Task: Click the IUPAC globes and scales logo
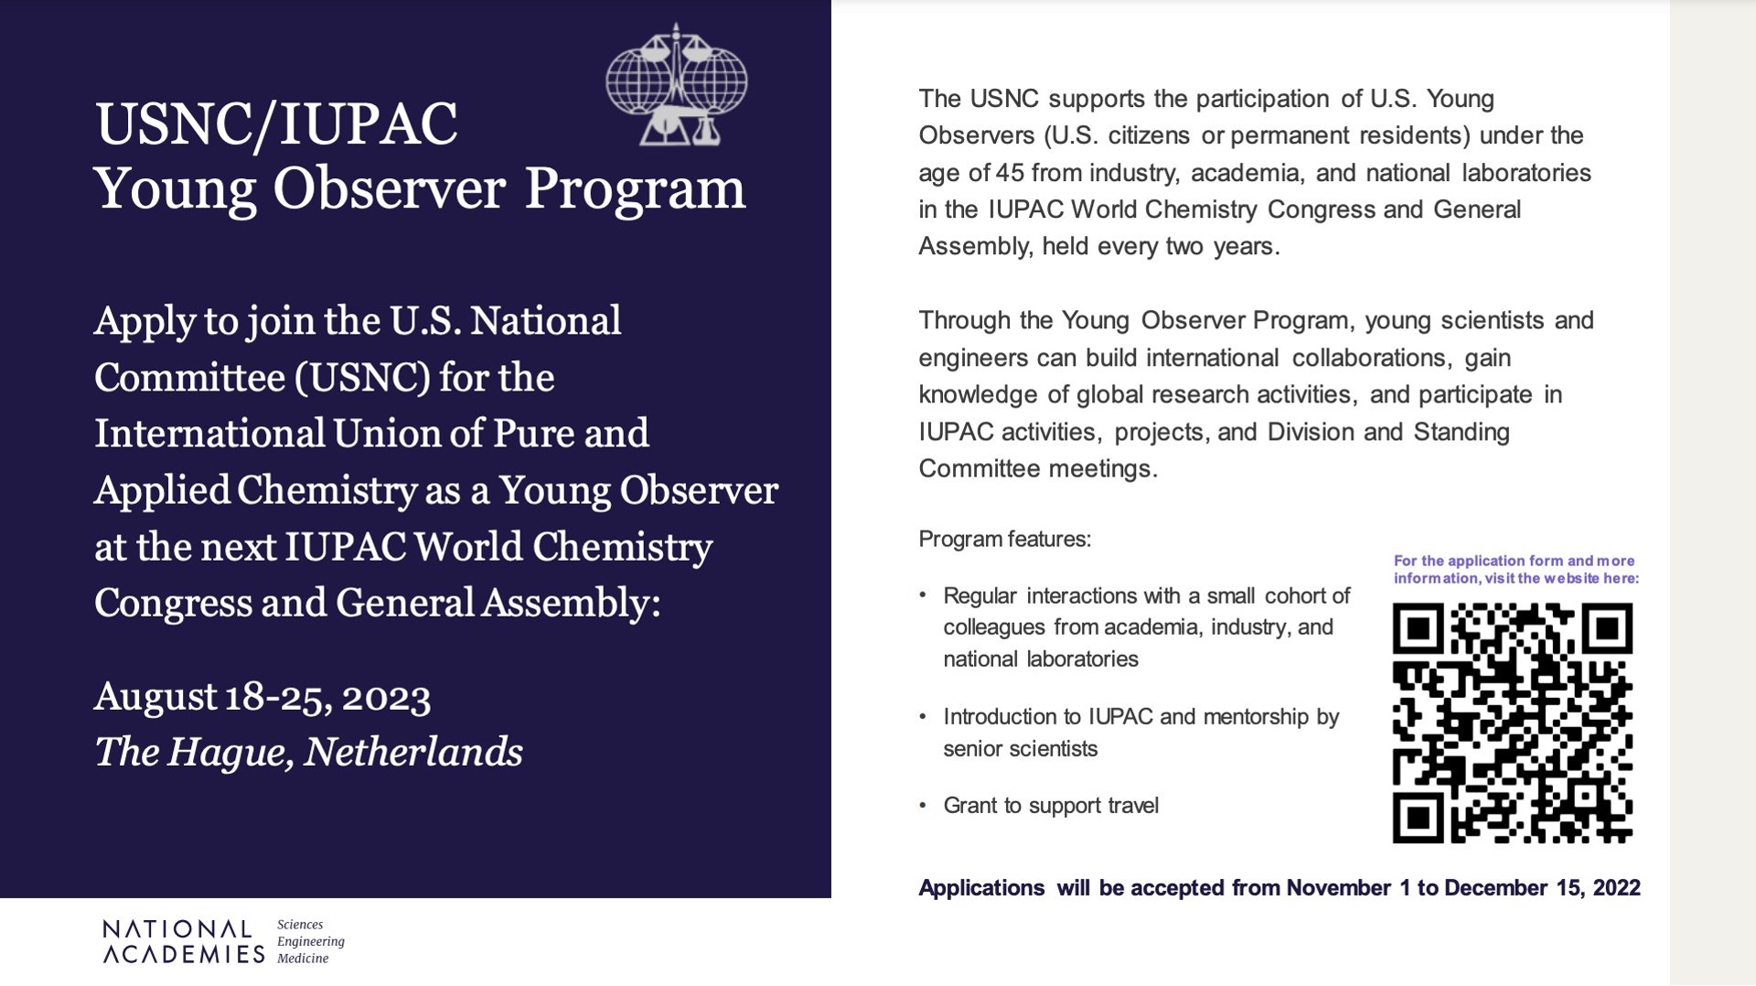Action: click(x=676, y=85)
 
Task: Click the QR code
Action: click(x=1512, y=723)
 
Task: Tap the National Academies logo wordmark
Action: click(x=183, y=942)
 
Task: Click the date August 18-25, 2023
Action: click(x=262, y=696)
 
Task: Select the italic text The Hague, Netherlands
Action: click(x=308, y=752)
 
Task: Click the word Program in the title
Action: click(x=635, y=188)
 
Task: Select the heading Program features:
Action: click(x=1004, y=539)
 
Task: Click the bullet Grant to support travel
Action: click(x=1050, y=806)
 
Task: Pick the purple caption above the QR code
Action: click(x=1515, y=569)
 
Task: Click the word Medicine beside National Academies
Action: click(x=303, y=959)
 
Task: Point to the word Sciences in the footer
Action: click(x=300, y=925)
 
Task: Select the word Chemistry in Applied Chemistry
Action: click(x=327, y=491)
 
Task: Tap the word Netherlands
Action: click(x=412, y=752)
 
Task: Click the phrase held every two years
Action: click(x=1160, y=247)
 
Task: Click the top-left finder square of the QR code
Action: click(x=1418, y=628)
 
